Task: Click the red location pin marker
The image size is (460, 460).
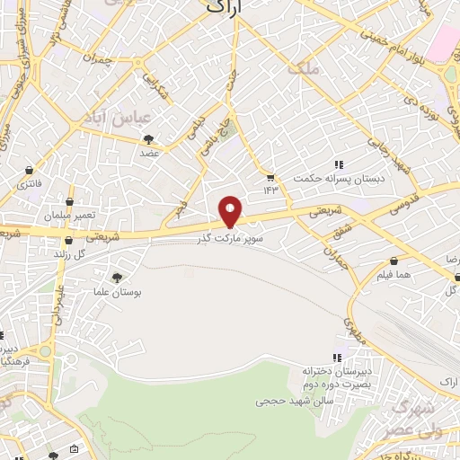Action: click(x=231, y=211)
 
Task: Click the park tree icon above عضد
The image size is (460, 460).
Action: click(x=149, y=139)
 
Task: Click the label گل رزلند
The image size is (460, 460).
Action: click(x=95, y=254)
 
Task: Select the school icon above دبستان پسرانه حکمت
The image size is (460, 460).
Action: click(x=339, y=164)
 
